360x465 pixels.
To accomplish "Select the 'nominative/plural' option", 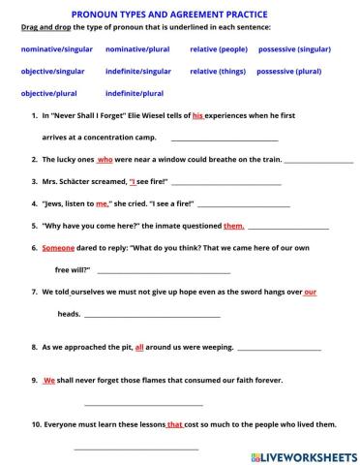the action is click(x=137, y=46).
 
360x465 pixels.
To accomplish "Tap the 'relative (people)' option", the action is click(x=219, y=46).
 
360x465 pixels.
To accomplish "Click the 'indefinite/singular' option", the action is click(x=137, y=70).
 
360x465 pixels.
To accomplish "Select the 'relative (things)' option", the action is click(x=218, y=70).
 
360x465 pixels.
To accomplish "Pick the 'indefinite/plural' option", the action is click(x=134, y=93).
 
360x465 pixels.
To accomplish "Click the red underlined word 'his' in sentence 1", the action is click(x=197, y=114).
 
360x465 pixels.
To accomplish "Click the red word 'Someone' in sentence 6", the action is click(x=51, y=247).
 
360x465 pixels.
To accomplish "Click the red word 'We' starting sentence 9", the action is click(x=48, y=381).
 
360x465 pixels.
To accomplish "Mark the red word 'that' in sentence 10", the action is click(x=174, y=424).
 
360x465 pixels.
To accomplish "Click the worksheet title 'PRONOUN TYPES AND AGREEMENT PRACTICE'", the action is click(x=180, y=15).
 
